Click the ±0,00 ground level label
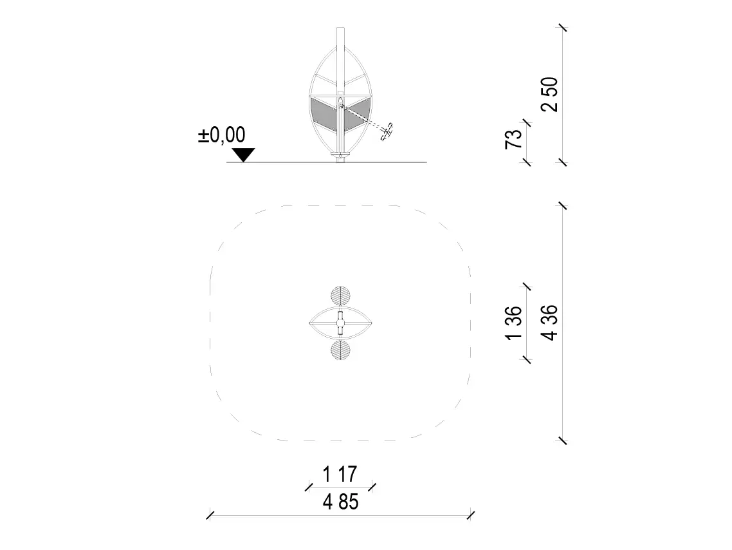(x=222, y=135)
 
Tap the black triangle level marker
(x=244, y=155)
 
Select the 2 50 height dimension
(x=549, y=95)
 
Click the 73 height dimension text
(x=513, y=139)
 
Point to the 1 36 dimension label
(x=513, y=323)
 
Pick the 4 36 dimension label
(x=549, y=323)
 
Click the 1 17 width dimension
(x=340, y=474)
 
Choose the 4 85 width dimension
(x=341, y=502)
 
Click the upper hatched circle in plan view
(x=340, y=296)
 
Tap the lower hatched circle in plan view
(x=340, y=350)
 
